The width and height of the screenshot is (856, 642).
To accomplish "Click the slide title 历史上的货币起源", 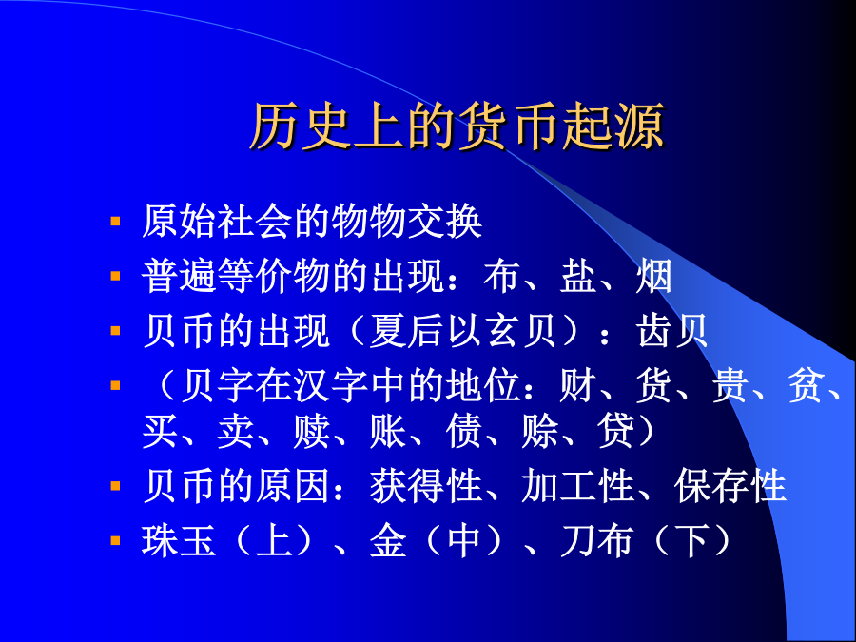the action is [457, 126].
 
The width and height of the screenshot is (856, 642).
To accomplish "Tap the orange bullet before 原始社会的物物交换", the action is [115, 221].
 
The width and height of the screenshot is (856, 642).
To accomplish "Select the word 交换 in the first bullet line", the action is [445, 222].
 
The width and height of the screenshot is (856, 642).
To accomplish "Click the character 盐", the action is [577, 276].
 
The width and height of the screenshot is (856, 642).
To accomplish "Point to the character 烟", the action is [654, 276].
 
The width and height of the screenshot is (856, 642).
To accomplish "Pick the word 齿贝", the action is [672, 331].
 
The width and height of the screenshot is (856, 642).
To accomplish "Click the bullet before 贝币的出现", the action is [115, 330].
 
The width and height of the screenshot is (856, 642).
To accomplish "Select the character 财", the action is [577, 385].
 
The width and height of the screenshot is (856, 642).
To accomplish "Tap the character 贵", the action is [730, 385].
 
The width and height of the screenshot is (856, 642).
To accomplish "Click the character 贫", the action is [807, 385].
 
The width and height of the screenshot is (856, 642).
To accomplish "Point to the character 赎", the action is [312, 431].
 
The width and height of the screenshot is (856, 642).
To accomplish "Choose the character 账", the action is [388, 431].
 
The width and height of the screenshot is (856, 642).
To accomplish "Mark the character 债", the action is [464, 431].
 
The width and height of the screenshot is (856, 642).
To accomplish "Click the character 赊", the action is [540, 431].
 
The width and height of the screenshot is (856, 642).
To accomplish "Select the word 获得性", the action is [426, 486].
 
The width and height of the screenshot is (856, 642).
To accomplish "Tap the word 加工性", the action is [578, 486].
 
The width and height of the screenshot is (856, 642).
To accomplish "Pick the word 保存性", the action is [730, 486].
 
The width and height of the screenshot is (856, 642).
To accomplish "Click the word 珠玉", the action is [179, 541].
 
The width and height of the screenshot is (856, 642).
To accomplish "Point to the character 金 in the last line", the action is [388, 541].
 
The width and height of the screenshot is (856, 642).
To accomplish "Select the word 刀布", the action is [596, 541].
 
